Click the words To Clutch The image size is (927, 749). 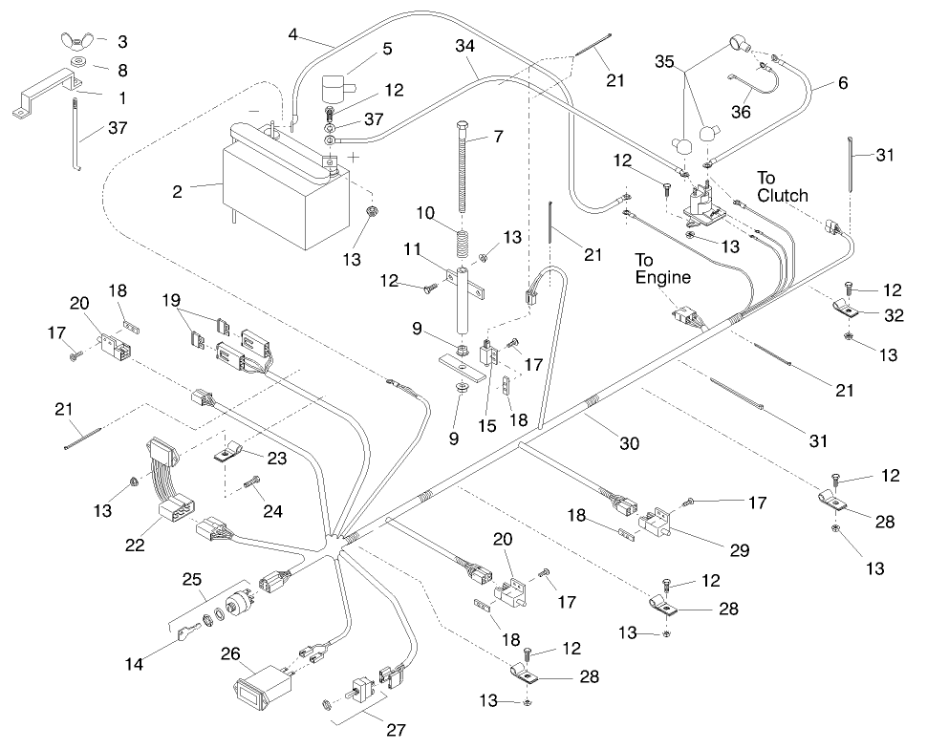783,186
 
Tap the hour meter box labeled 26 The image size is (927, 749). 261,686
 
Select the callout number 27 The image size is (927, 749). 396,730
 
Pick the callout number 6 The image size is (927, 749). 842,83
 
